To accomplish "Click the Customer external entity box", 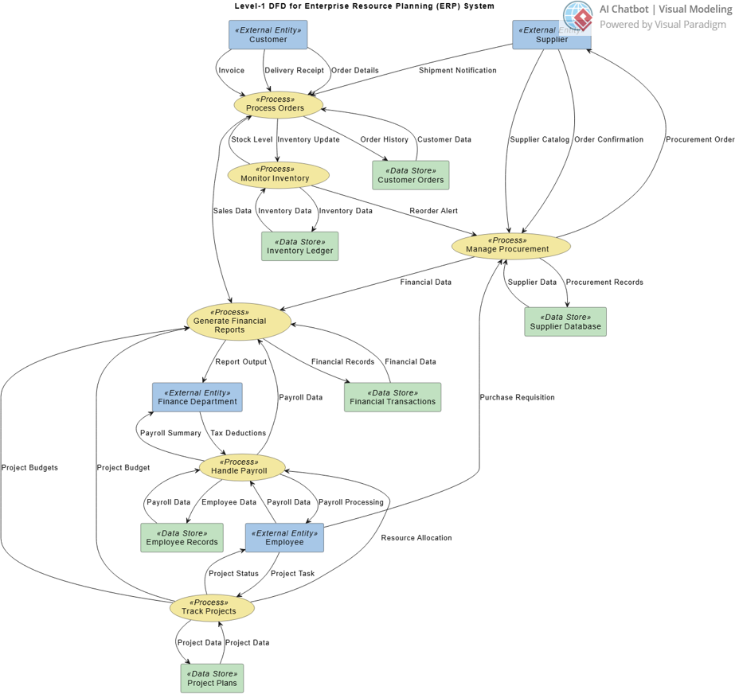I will click(268, 35).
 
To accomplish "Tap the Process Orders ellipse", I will click(280, 104).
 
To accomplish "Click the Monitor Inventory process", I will click(278, 175).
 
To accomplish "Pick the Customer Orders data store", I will click(410, 176).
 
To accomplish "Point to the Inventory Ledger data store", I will click(299, 247).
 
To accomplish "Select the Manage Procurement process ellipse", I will click(510, 245).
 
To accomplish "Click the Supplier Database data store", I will click(565, 322).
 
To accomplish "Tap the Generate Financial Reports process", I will click(239, 322).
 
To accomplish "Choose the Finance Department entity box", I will click(197, 397).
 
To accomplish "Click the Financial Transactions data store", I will click(393, 397).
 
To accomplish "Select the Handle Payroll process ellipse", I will click(242, 467).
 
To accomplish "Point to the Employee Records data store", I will click(182, 538).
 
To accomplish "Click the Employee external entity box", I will click(284, 538).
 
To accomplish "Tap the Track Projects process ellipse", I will click(212, 608).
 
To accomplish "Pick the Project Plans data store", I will click(212, 678).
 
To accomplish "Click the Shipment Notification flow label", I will click(458, 71).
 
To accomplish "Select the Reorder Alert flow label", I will click(433, 211).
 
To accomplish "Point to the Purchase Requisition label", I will click(517, 397).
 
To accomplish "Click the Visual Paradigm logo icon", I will click(578, 17).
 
